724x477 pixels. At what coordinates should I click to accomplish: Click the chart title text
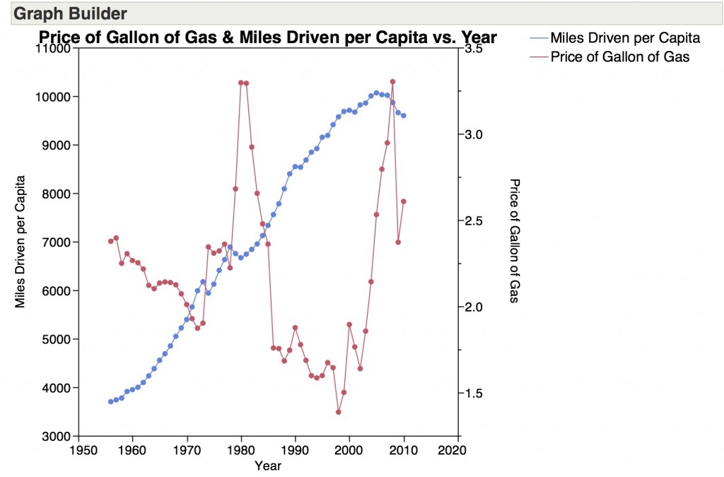click(267, 37)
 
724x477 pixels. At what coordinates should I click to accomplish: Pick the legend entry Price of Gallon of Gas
click(619, 57)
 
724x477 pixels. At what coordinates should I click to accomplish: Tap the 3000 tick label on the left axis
click(57, 437)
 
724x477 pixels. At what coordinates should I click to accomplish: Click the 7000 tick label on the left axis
click(57, 242)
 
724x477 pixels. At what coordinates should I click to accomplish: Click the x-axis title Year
click(268, 466)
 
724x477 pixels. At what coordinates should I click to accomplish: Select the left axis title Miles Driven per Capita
click(21, 242)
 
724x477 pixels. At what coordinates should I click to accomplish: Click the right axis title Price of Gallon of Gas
click(514, 241)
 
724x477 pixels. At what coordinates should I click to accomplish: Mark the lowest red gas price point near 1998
click(339, 412)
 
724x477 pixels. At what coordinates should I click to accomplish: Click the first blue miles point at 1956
click(110, 401)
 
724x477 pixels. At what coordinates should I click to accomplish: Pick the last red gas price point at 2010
click(404, 201)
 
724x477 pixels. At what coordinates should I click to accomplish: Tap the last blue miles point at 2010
click(404, 116)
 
